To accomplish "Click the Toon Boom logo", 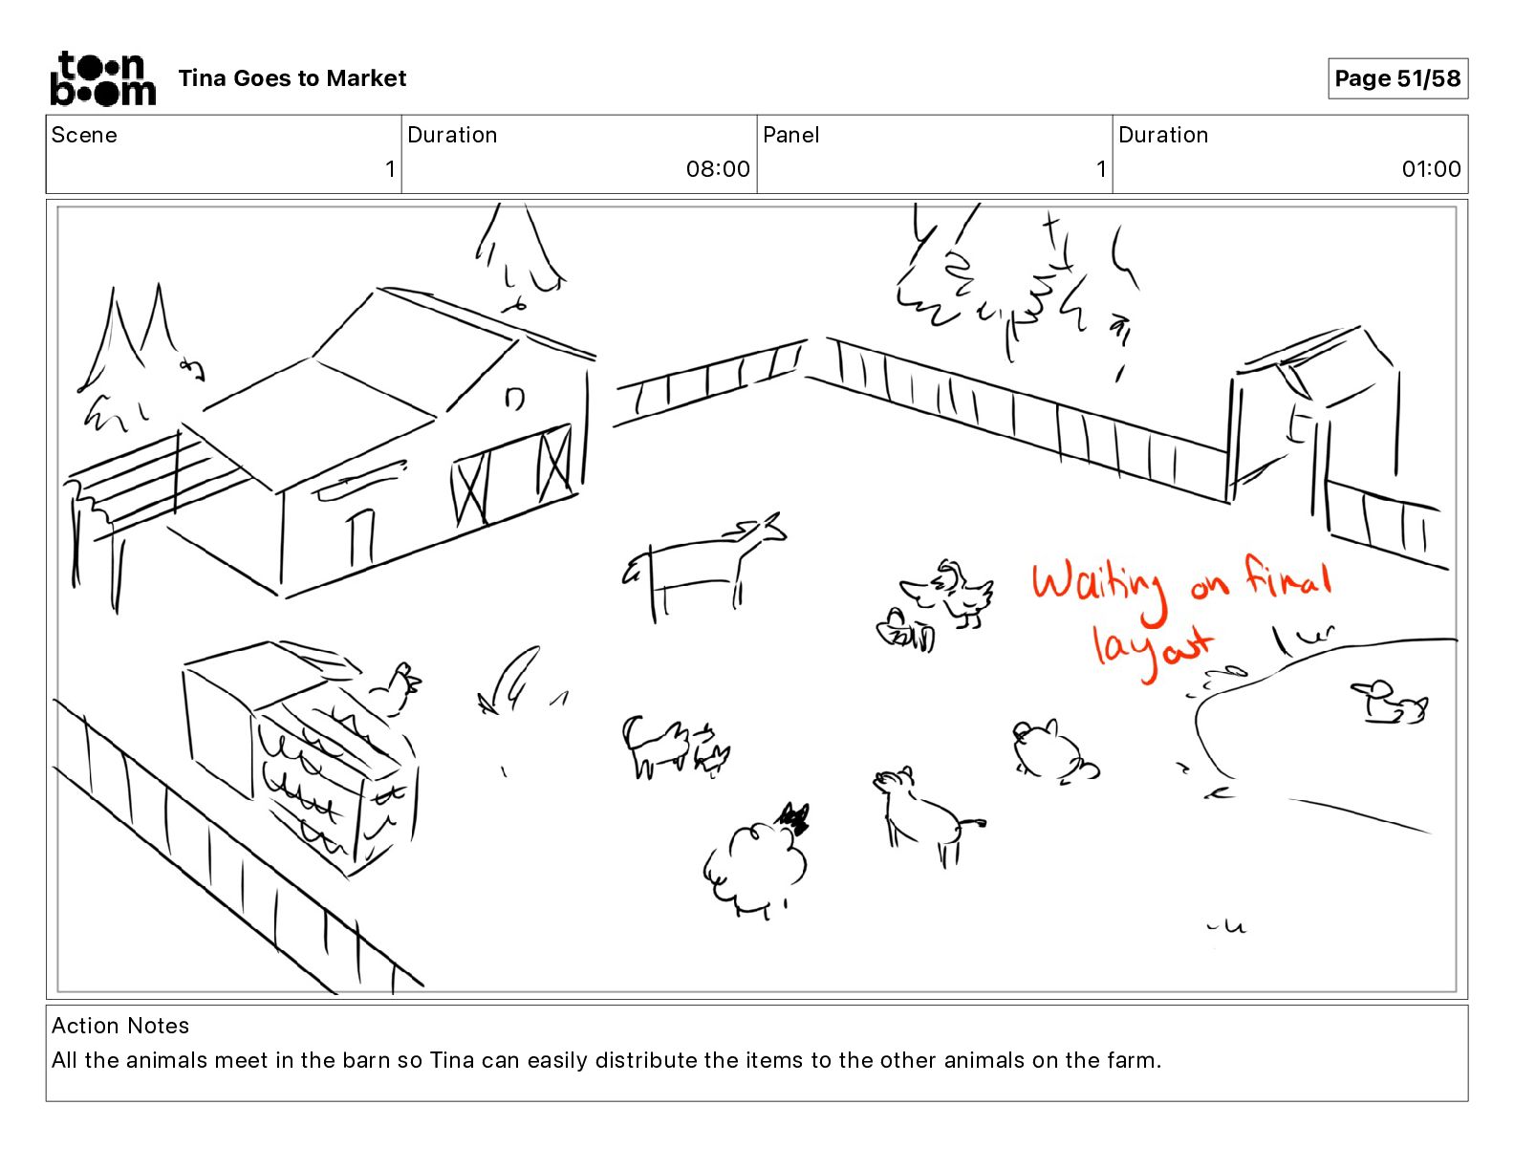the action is point(103,78).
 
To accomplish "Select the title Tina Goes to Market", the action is point(292,78).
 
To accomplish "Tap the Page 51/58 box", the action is point(1397,78).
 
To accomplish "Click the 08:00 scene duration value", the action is point(718,168).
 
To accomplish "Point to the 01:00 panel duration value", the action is point(1431,168).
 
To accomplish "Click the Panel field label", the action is point(790,135).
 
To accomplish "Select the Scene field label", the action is point(84,135).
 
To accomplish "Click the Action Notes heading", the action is point(119,1025).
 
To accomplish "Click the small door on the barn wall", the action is point(361,538).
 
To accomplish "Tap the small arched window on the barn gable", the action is point(515,398).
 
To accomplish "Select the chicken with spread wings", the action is point(950,594).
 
